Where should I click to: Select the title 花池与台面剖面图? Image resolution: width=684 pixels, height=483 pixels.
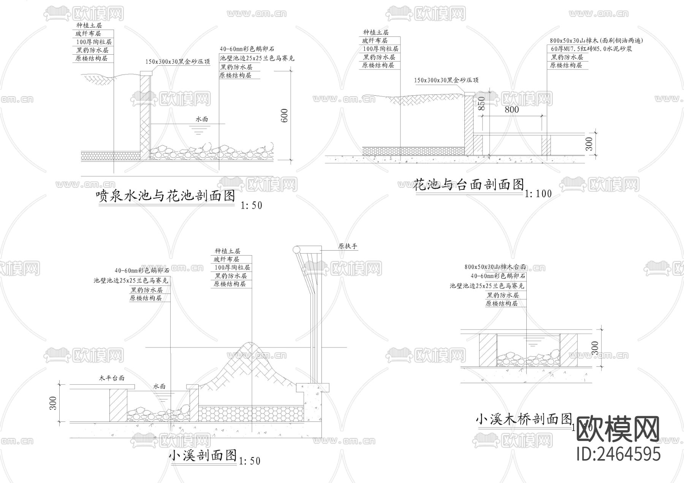click(x=469, y=185)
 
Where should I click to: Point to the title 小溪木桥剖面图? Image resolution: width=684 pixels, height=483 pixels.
click(x=524, y=420)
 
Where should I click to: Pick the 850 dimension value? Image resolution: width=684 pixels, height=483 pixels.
click(x=481, y=104)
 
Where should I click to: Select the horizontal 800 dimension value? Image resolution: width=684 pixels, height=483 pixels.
click(x=511, y=110)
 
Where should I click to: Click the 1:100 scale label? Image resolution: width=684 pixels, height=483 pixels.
click(x=538, y=194)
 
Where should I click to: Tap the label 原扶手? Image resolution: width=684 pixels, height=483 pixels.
click(x=348, y=246)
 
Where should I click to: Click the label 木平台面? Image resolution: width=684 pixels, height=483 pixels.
click(x=112, y=378)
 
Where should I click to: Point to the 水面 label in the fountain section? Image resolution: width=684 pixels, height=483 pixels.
click(x=202, y=119)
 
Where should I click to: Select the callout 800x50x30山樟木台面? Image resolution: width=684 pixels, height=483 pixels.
click(x=495, y=267)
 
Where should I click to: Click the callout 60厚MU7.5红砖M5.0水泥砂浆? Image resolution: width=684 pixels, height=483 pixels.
click(x=591, y=49)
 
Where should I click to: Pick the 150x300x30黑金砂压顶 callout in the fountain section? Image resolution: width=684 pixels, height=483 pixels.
click(x=177, y=62)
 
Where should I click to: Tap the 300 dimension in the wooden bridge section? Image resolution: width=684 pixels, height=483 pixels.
click(x=595, y=347)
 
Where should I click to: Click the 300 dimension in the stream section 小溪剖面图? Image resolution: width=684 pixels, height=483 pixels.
click(x=53, y=403)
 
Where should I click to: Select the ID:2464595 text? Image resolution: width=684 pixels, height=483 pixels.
click(x=618, y=453)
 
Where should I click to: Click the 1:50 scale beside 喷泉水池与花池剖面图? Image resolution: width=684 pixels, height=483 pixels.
click(x=251, y=205)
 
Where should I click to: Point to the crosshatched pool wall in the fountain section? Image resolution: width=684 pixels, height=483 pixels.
click(x=145, y=114)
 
